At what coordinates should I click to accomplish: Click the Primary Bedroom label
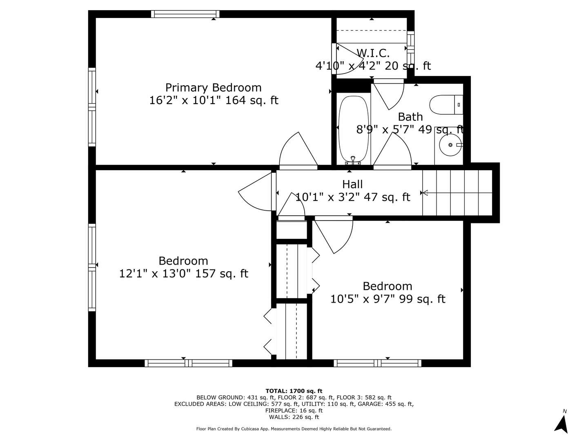[x=213, y=88]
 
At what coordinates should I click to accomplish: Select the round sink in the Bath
[x=450, y=145]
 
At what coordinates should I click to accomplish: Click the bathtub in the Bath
[x=353, y=129]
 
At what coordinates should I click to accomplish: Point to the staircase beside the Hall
[x=457, y=193]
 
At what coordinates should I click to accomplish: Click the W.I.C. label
[x=373, y=53]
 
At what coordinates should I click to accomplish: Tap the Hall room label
[x=352, y=185]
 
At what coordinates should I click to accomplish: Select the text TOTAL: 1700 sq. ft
[x=294, y=391]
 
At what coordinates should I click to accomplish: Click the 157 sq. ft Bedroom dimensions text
[x=183, y=274]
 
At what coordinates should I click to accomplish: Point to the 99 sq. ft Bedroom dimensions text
[x=388, y=299]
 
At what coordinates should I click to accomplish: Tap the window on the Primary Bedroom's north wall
[x=185, y=14]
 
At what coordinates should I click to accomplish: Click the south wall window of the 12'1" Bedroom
[x=188, y=363]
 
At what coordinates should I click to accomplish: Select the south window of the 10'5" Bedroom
[x=377, y=363]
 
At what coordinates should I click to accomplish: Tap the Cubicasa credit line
[x=294, y=429]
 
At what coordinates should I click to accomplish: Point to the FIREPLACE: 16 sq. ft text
[x=294, y=410]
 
